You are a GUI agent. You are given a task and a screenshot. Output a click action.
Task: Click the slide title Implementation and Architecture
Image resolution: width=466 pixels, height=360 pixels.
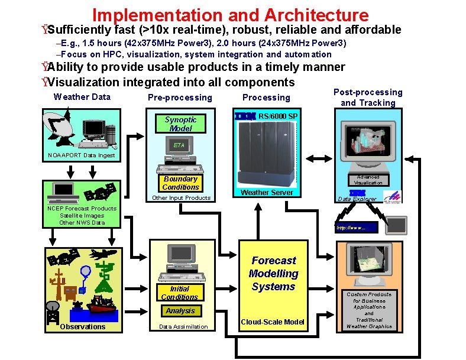tap(230, 15)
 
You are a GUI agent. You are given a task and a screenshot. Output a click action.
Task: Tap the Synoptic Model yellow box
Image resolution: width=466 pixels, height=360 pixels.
tap(180, 124)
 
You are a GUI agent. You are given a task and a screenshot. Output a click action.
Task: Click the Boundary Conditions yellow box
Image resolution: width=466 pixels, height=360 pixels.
tap(180, 183)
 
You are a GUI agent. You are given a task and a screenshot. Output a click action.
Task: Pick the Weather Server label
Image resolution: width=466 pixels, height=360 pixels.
tap(268, 193)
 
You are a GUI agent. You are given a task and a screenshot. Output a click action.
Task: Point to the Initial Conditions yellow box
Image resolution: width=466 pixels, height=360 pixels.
tap(180, 293)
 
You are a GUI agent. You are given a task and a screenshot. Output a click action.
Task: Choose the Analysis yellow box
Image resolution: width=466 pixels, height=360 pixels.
tap(180, 310)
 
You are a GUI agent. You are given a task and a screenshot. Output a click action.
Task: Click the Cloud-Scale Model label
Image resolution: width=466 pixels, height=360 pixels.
tap(273, 322)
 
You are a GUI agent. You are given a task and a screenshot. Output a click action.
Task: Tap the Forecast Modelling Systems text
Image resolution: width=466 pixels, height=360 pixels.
tap(273, 274)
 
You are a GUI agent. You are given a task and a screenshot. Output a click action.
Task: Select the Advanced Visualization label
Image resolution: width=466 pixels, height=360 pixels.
tap(372, 180)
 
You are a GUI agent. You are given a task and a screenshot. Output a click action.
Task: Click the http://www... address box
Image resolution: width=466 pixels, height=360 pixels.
tap(355, 228)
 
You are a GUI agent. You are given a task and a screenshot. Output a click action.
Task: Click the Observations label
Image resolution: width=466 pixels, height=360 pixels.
tap(83, 327)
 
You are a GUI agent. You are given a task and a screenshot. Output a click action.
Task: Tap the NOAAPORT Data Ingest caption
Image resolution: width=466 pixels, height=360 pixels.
tap(82, 155)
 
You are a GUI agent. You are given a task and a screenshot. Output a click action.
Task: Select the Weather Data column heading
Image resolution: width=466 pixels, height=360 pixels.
tap(82, 97)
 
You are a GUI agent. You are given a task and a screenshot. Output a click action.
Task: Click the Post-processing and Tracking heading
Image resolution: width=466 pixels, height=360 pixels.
tap(368, 98)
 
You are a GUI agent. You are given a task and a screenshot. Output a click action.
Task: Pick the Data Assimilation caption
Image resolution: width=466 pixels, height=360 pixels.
tap(180, 327)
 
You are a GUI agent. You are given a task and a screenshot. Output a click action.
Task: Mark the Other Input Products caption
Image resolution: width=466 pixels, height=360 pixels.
tap(181, 198)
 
